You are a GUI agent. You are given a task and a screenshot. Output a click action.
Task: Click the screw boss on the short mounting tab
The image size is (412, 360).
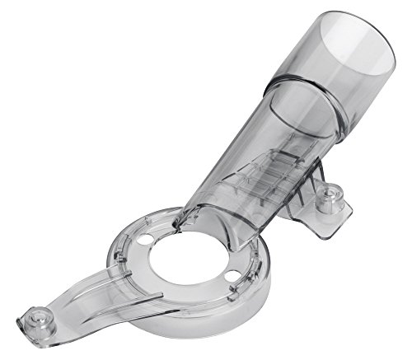pos(336,198)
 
